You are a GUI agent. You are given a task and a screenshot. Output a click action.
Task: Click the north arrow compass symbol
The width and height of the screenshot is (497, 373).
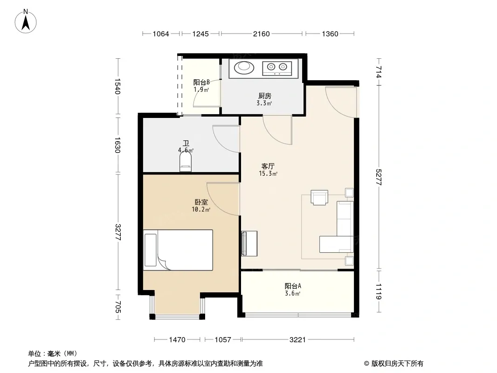tap(26, 21)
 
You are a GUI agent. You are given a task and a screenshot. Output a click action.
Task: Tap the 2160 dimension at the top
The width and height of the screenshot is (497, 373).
tap(261, 34)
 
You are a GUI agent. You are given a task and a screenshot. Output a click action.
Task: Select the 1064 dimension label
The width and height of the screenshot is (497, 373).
tap(161, 34)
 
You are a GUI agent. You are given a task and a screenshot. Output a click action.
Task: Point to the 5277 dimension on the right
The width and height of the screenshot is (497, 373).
tap(379, 177)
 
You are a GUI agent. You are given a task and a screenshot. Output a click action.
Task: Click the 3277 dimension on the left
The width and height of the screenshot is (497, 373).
tap(117, 232)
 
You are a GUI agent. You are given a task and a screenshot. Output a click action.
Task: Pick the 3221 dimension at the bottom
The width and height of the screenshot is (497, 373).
tap(297, 340)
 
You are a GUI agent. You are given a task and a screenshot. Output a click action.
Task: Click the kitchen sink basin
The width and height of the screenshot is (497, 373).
tap(244, 67)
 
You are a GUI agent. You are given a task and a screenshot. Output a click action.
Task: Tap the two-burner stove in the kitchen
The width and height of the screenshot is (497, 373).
tap(277, 68)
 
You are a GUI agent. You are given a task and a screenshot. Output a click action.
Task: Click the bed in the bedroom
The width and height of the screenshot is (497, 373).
tap(178, 250)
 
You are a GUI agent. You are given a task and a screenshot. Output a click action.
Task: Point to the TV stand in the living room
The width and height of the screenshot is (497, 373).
tap(249, 243)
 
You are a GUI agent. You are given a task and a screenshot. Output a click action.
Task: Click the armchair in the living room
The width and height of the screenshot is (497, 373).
tap(319, 198)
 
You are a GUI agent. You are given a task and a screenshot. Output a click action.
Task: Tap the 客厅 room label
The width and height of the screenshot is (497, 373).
tap(268, 166)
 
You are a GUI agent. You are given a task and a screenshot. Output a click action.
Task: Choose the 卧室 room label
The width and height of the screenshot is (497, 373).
tap(201, 202)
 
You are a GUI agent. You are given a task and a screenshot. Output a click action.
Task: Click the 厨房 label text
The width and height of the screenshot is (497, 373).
tap(265, 96)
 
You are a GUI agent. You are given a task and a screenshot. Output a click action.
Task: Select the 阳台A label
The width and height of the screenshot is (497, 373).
tap(293, 286)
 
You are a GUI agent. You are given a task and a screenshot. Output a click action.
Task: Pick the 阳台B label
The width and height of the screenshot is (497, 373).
tap(201, 83)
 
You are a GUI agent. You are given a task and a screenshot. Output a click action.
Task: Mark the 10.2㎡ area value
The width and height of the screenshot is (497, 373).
tap(201, 209)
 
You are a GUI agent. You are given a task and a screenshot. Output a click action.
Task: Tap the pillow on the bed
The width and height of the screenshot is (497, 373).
tap(151, 250)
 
